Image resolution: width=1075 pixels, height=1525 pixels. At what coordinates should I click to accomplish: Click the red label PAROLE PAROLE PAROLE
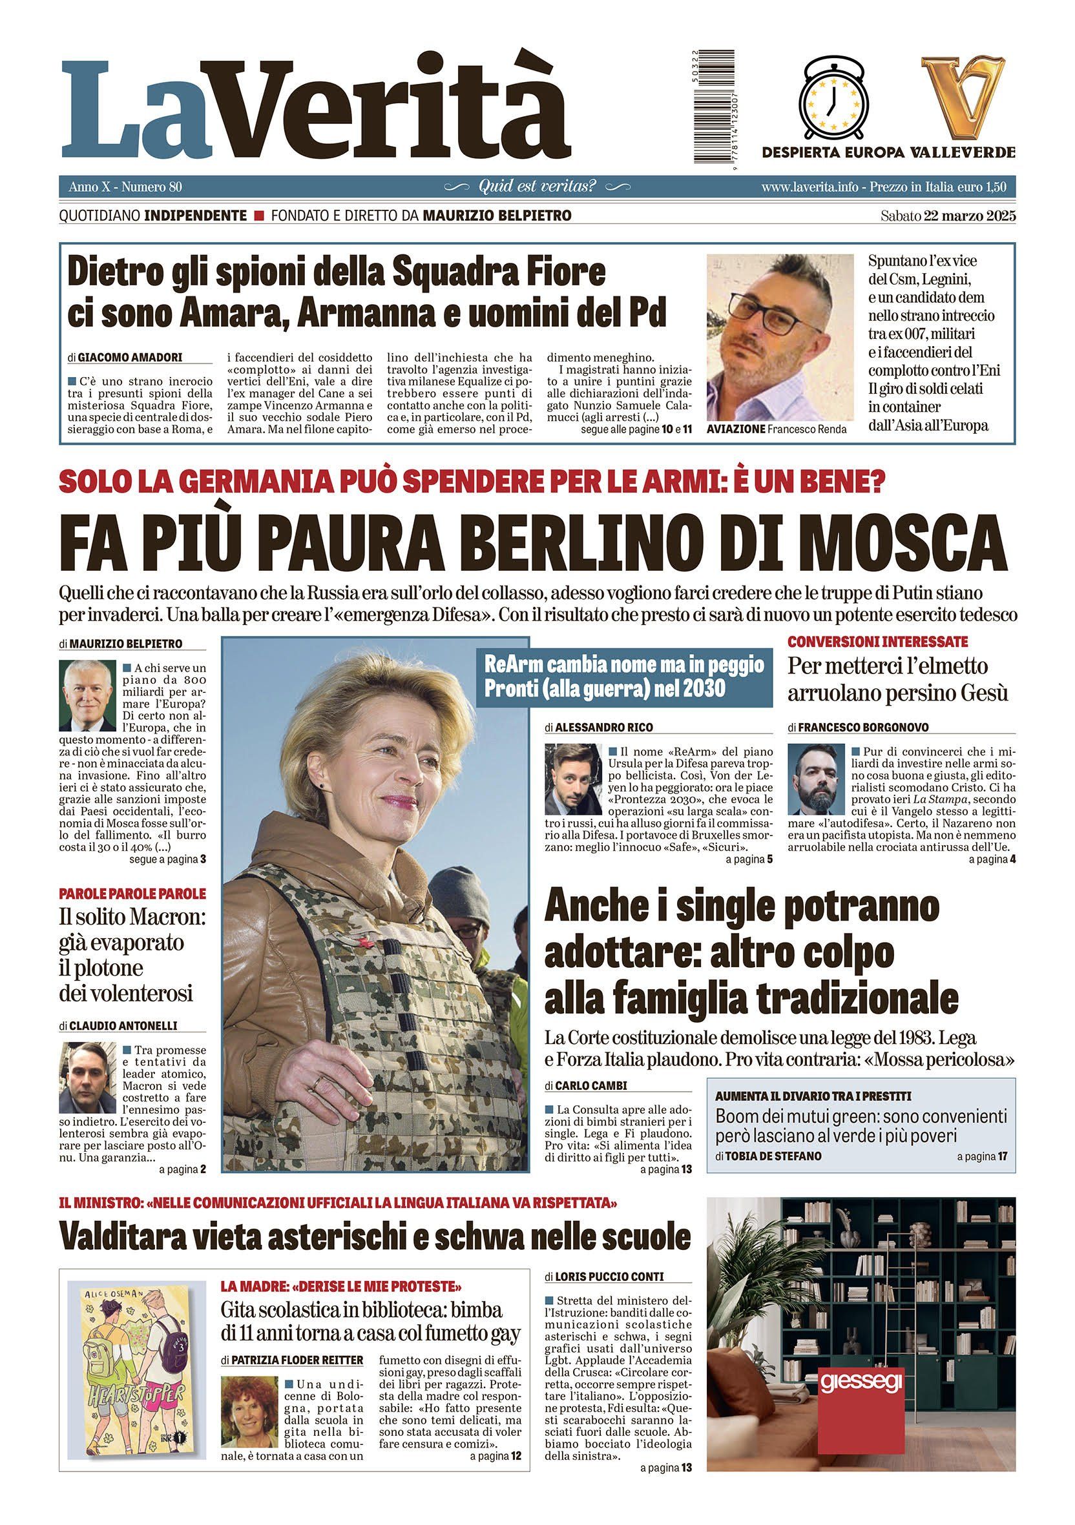133,894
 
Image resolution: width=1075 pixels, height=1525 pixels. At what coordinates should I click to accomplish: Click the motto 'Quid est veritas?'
537,187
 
